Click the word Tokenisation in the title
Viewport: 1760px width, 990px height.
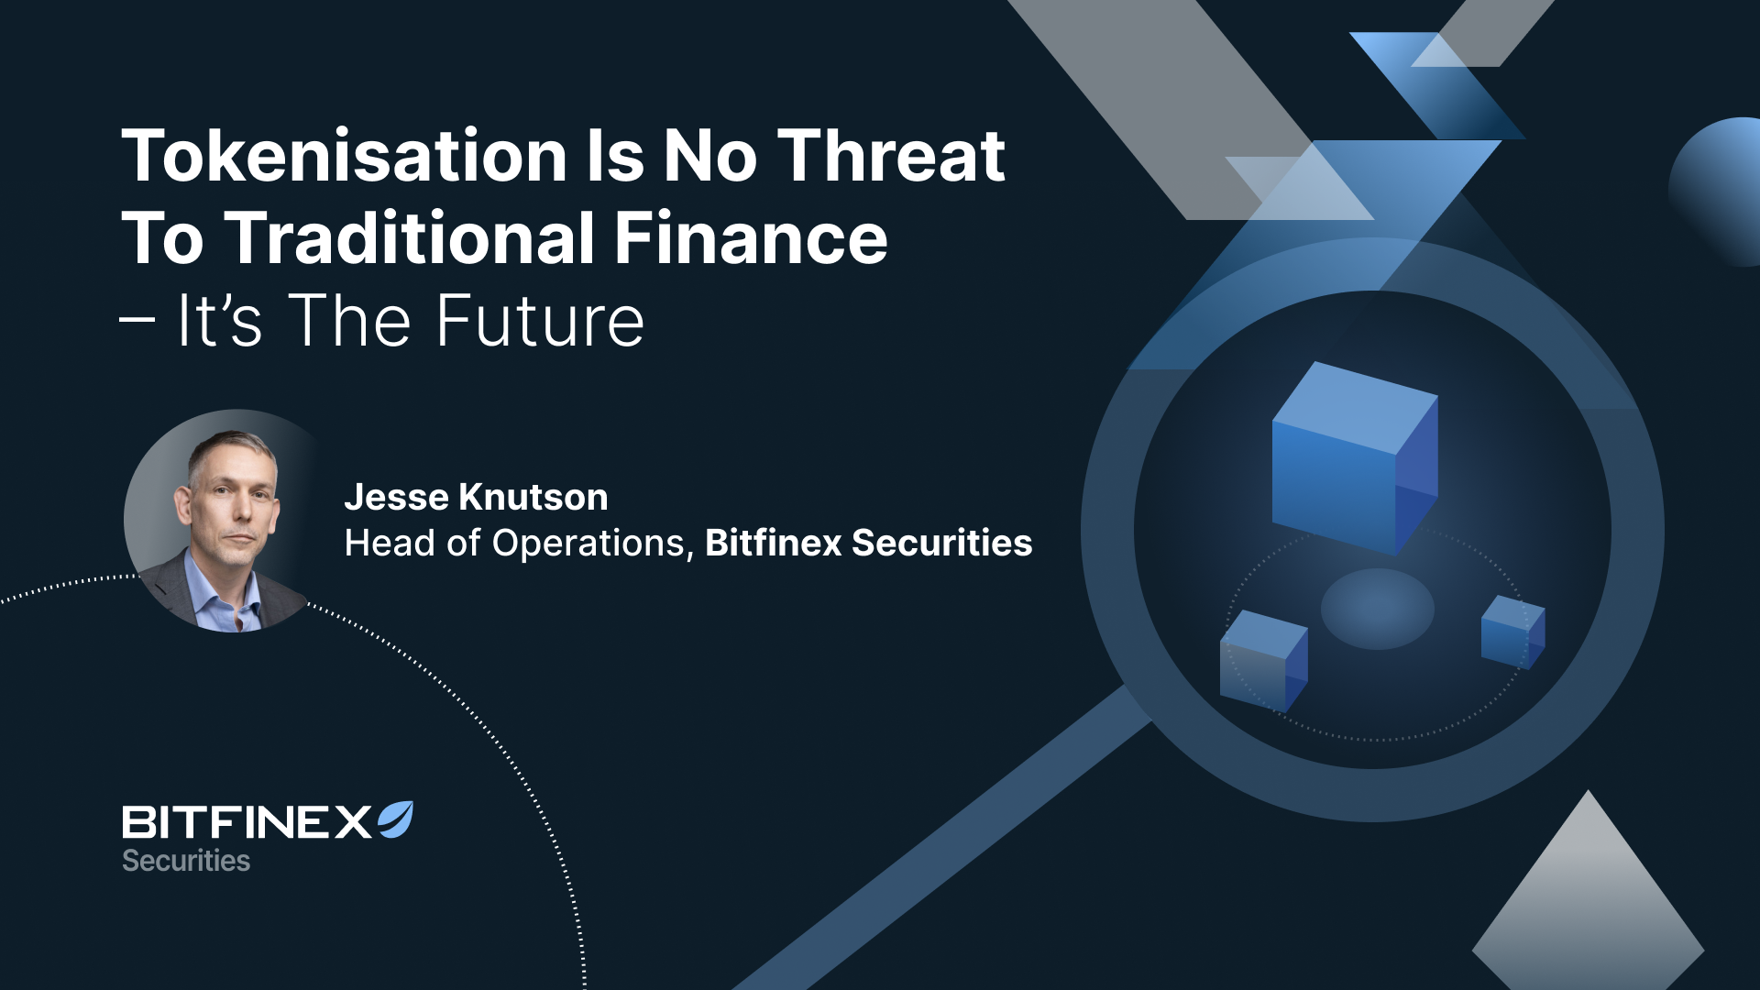(x=345, y=155)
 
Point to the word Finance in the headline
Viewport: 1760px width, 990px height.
(x=751, y=237)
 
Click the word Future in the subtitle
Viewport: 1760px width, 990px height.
(x=540, y=321)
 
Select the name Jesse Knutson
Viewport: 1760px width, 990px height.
(x=476, y=497)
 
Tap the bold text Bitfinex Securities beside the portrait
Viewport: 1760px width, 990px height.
(x=868, y=543)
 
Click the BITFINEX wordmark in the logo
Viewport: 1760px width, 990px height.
(x=247, y=822)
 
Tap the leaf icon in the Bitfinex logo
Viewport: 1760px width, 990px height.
(x=396, y=819)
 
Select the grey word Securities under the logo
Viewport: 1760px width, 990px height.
(x=186, y=861)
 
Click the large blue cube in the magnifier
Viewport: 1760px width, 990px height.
(x=1355, y=457)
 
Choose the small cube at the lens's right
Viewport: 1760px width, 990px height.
(x=1513, y=632)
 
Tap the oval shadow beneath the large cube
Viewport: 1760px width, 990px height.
(x=1377, y=609)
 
